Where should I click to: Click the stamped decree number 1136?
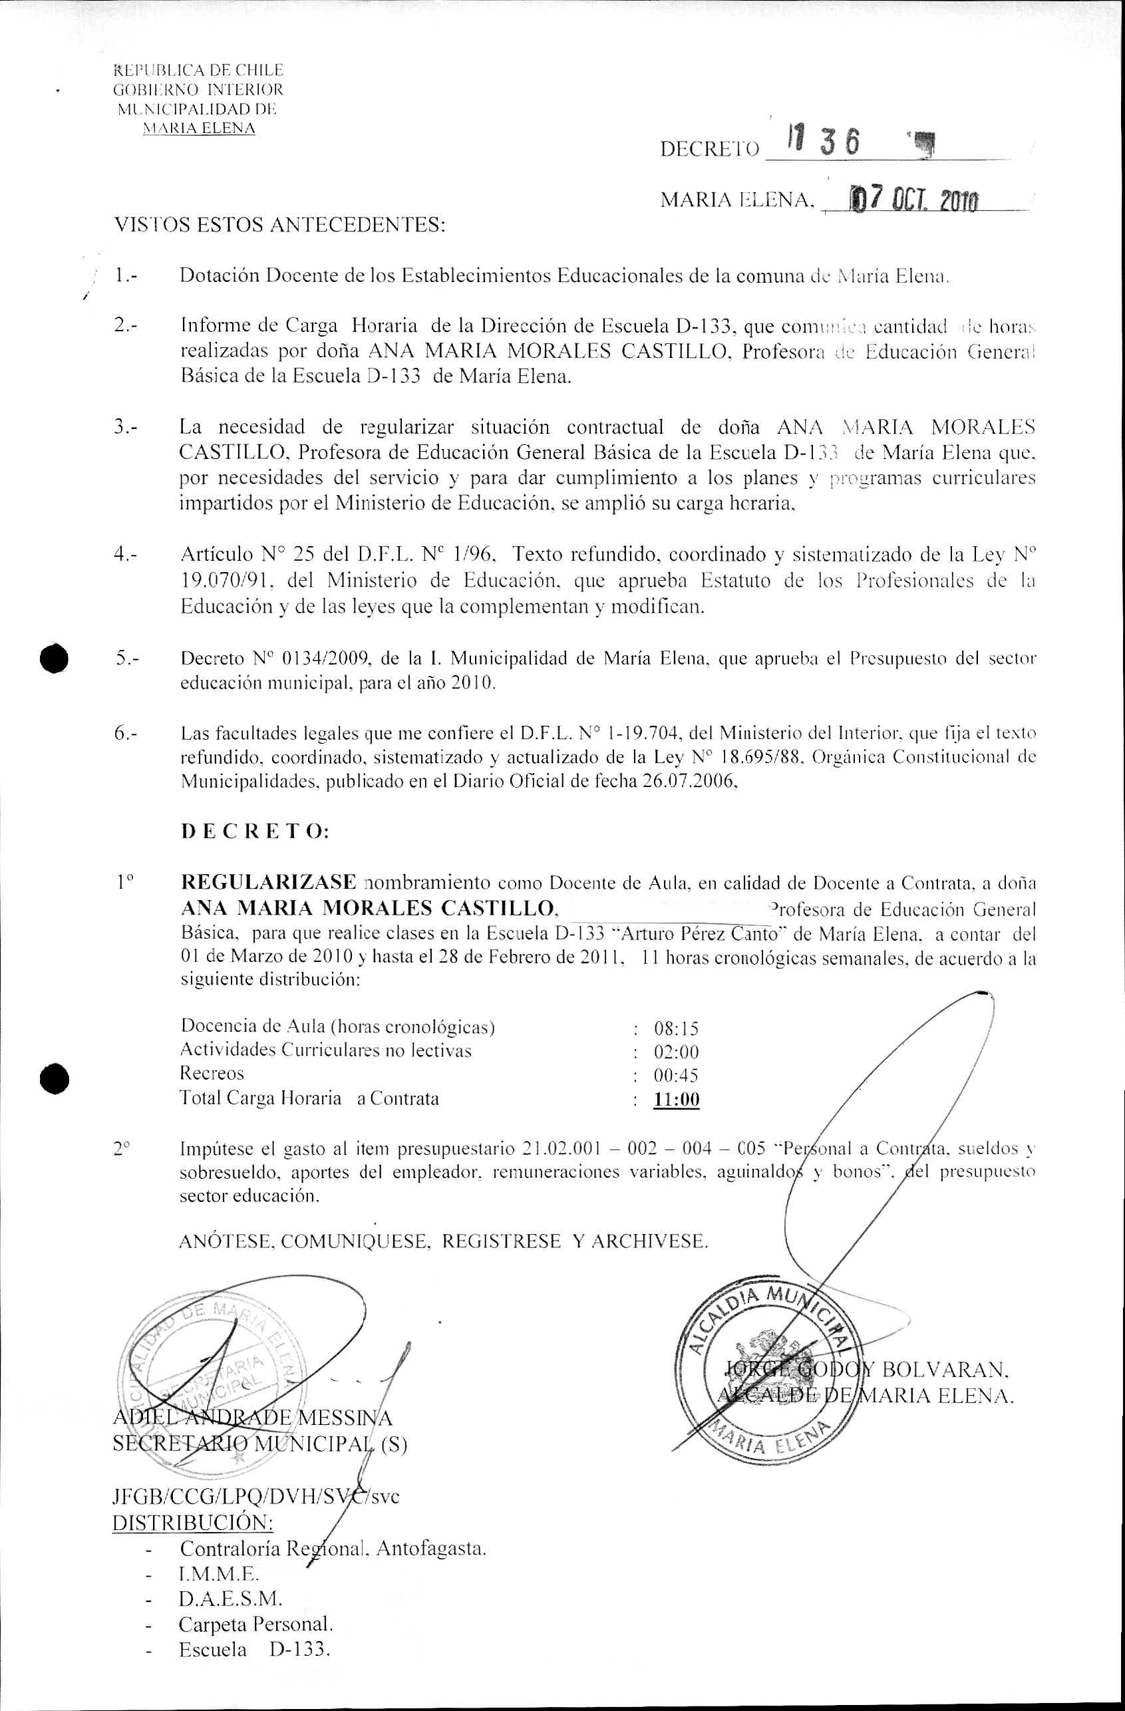coord(821,144)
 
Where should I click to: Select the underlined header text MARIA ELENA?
coord(199,128)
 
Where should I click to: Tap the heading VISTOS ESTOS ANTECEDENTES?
coord(280,226)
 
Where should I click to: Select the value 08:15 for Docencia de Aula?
coord(675,1028)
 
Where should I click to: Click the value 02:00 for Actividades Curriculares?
coord(676,1052)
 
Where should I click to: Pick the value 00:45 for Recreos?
coord(676,1076)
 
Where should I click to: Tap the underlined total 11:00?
coord(676,1100)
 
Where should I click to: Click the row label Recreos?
coord(212,1074)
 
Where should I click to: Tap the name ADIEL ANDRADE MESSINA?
coord(252,1418)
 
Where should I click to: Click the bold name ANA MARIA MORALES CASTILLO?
coord(368,909)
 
